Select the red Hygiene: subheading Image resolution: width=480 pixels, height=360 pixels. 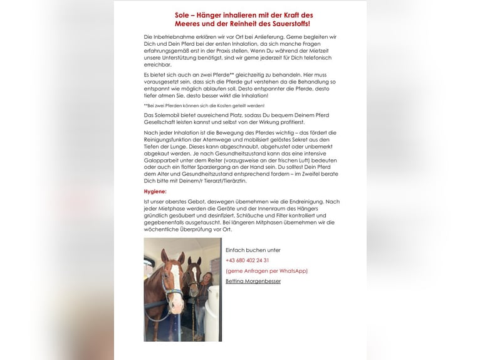[155, 191]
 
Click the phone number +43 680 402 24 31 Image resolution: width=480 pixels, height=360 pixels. [248, 260]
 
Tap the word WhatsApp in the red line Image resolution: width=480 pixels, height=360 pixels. [293, 270]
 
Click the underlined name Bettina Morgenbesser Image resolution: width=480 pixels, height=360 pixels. [253, 281]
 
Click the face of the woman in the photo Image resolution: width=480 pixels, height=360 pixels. [206, 277]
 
